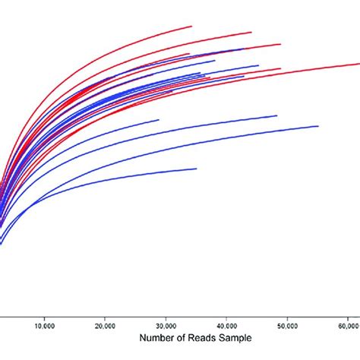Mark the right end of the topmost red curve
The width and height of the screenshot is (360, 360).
pyautogui.click(x=191, y=26)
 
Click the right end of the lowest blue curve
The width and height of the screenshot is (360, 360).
pyautogui.click(x=196, y=169)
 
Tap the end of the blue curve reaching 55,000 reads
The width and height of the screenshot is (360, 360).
pyautogui.click(x=317, y=126)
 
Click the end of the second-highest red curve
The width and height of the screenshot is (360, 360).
pyautogui.click(x=251, y=32)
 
